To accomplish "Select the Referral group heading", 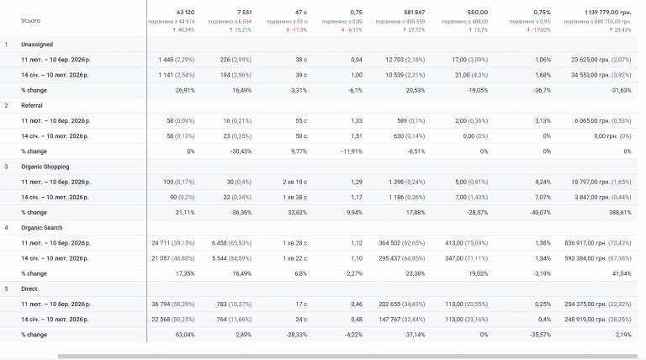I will (x=33, y=105).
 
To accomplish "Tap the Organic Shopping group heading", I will (x=45, y=167).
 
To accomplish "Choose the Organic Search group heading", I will (x=43, y=227).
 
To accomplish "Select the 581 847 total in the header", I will (x=411, y=12).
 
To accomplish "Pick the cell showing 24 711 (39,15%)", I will (x=173, y=243).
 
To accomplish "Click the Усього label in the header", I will (x=31, y=20).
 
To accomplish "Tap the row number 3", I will (x=7, y=167).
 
